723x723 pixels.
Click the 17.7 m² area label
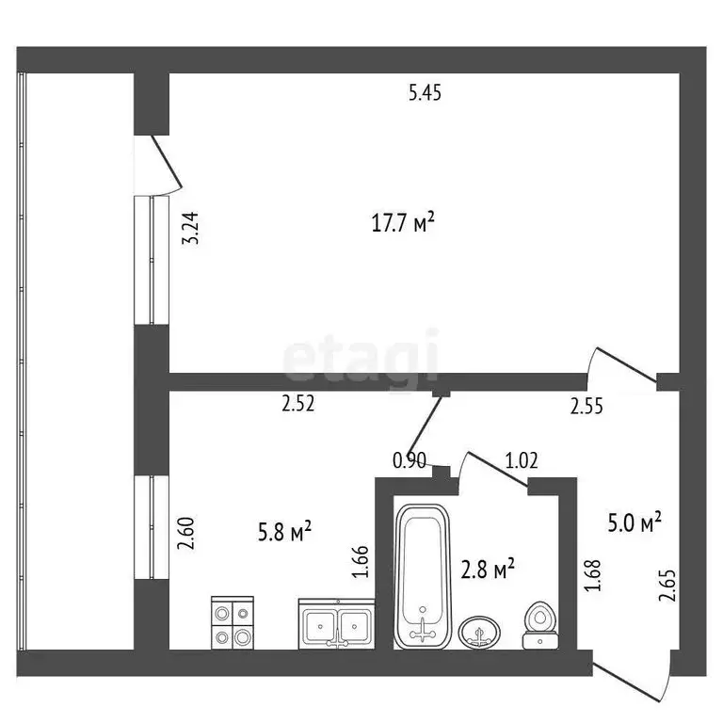(x=403, y=223)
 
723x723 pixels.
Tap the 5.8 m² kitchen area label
(x=284, y=533)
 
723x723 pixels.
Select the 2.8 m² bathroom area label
(x=487, y=569)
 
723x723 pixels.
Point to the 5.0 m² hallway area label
(x=633, y=521)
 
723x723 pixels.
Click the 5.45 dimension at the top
(x=425, y=92)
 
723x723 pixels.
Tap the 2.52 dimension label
(x=297, y=405)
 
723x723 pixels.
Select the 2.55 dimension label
(x=587, y=407)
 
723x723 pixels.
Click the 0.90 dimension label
(x=409, y=460)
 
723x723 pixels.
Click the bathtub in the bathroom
(x=424, y=576)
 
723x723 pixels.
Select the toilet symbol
(x=539, y=626)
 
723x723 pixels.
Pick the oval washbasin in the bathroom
(x=481, y=632)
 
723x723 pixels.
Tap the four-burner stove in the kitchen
(x=232, y=621)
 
